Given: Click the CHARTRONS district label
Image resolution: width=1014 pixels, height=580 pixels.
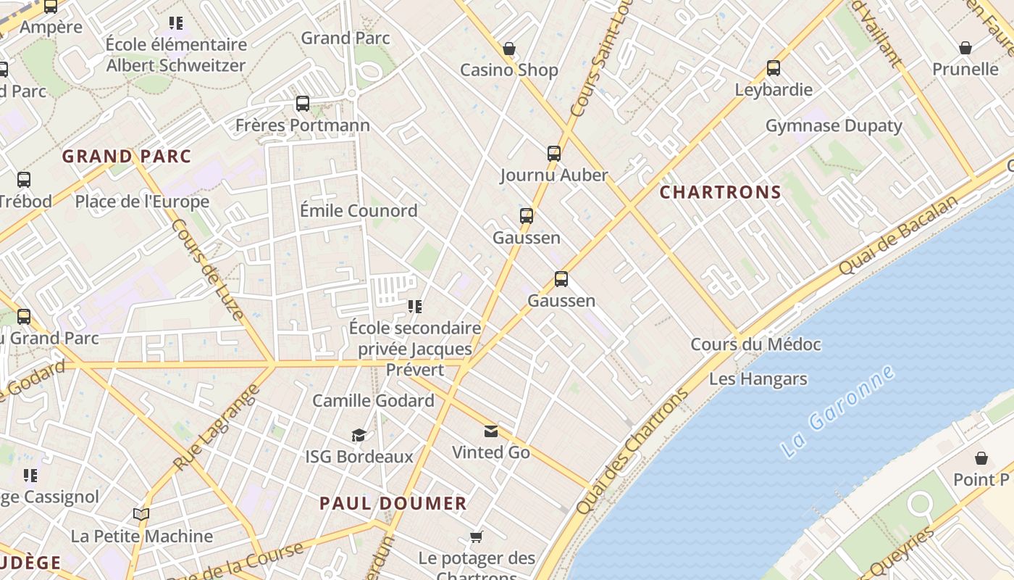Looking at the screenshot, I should coord(721,192).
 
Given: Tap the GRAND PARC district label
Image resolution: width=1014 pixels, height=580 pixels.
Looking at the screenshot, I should coord(127,156).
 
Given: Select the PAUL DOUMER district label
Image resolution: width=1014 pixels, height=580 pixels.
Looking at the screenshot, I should coord(393,503).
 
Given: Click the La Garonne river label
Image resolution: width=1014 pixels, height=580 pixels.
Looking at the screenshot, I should coord(839,411).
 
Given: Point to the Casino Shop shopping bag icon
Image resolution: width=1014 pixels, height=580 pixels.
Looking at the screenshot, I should coord(509,49).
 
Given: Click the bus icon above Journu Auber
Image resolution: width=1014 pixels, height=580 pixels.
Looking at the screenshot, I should coord(554,153).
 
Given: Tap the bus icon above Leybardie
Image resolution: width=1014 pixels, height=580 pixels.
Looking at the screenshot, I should coord(774,68).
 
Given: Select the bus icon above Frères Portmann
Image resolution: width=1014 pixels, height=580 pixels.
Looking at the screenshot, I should coord(303,104).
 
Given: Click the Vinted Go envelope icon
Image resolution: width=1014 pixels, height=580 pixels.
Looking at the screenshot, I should coord(491,431).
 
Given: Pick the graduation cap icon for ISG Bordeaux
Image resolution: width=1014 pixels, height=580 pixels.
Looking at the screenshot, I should coord(359,435).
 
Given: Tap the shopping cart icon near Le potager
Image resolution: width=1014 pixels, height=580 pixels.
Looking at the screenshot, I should coord(476,537).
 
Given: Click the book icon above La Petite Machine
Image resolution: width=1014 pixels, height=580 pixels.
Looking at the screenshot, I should coord(141,515).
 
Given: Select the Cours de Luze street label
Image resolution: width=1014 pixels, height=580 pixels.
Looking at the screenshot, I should coord(207,269).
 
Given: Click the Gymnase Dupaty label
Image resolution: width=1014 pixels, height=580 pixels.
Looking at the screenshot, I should coord(834,125).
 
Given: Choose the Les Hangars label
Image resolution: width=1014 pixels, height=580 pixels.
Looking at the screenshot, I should coord(758,378).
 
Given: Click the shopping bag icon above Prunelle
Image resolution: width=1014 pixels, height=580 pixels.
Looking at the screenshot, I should coord(965,48).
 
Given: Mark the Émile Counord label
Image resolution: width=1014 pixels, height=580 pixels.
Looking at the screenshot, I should coord(359,210).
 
